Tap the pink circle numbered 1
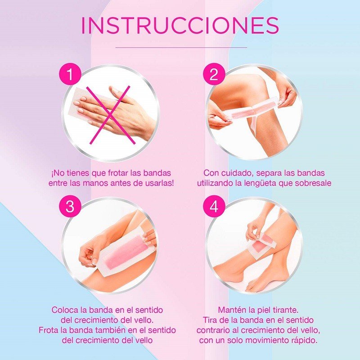[x=70, y=74]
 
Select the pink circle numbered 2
[x=214, y=74]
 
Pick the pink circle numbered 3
[x=70, y=206]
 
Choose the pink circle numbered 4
[x=214, y=206]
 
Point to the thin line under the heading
[x=181, y=47]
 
